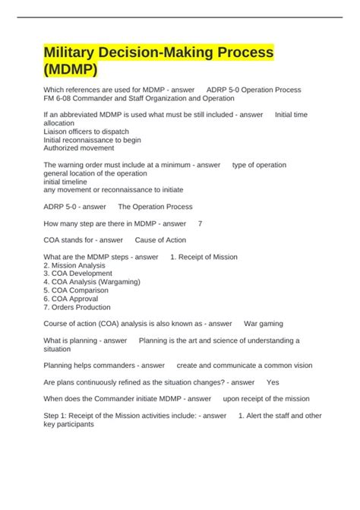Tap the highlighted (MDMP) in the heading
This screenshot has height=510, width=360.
click(71, 70)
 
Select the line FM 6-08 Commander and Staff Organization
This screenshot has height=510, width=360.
click(139, 98)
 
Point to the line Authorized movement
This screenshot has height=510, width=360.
click(78, 148)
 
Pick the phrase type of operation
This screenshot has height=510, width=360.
click(259, 165)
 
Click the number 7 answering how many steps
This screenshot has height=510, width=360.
click(200, 223)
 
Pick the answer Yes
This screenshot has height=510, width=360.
click(273, 382)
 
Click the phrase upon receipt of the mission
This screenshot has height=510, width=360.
click(266, 398)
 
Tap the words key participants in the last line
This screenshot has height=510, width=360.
click(69, 424)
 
